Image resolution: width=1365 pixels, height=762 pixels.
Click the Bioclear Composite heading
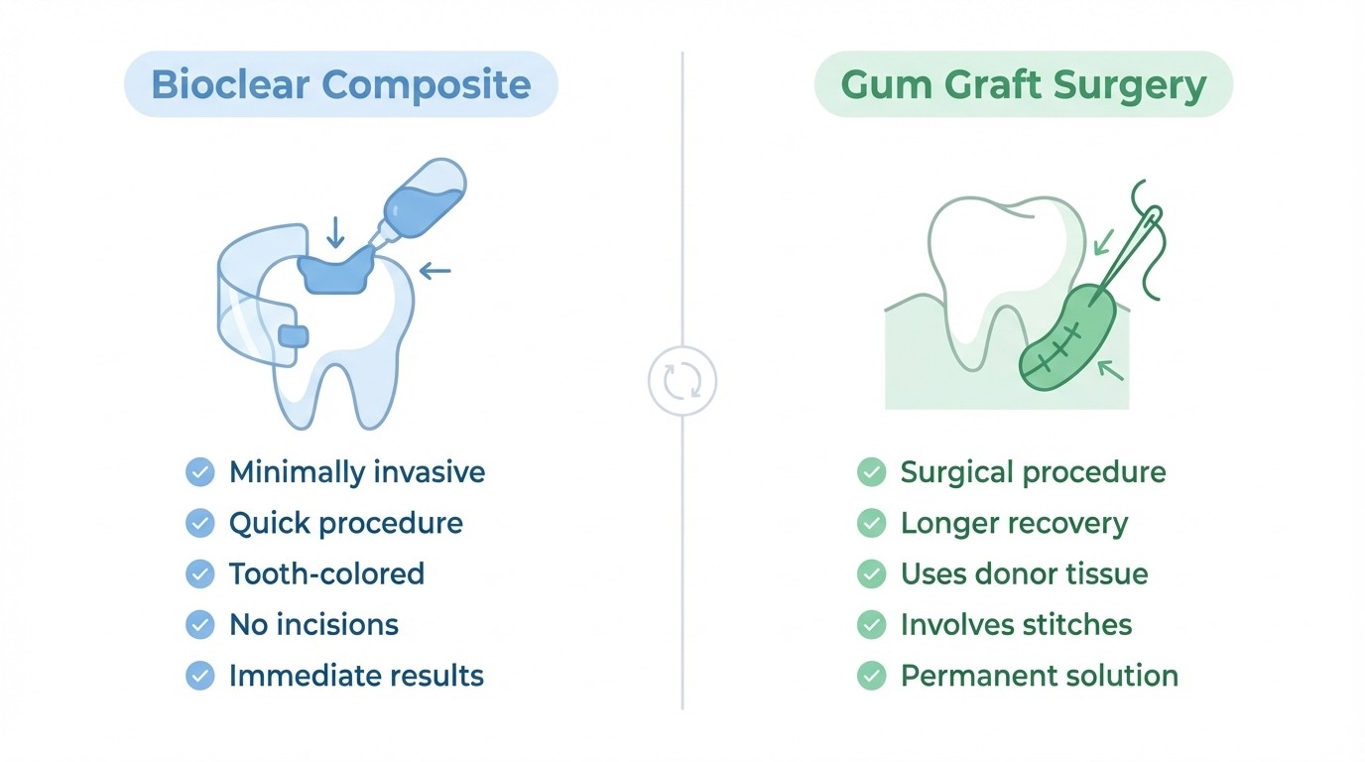tap(340, 84)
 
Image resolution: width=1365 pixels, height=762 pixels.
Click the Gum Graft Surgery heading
tap(1023, 84)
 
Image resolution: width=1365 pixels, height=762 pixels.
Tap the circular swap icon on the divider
tap(682, 381)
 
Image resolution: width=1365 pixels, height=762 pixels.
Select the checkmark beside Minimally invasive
tap(200, 472)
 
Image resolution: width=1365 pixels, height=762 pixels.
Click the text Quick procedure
tap(345, 523)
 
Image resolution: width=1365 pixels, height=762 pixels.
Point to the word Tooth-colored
tap(326, 573)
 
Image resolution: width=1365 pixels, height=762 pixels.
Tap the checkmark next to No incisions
tap(200, 625)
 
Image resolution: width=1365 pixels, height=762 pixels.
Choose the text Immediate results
tap(356, 676)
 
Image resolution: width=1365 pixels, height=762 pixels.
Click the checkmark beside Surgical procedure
tap(871, 472)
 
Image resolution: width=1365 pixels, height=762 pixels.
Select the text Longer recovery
tap(1014, 523)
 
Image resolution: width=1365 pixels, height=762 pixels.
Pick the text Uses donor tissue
tap(1024, 573)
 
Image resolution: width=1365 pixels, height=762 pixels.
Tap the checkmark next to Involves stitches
tap(871, 625)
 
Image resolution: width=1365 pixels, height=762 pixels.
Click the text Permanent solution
tap(1039, 676)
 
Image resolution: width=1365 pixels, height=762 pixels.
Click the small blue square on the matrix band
tap(294, 336)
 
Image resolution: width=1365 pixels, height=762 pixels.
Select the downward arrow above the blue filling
tap(335, 232)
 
